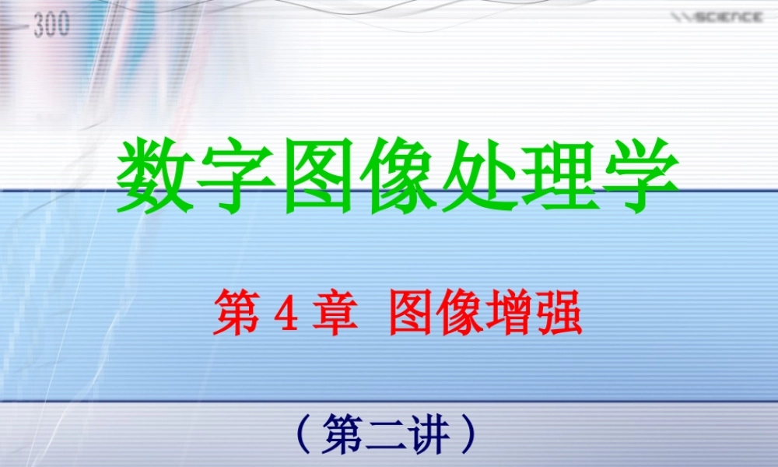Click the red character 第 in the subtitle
point(236,313)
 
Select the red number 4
point(282,314)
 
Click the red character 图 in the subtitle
point(412,313)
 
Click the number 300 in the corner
point(52,25)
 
